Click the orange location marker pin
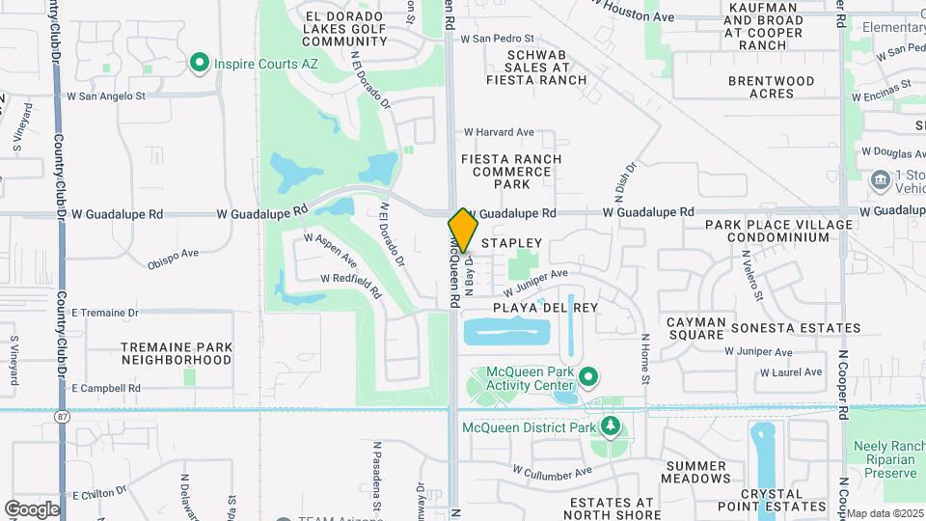pos(463,230)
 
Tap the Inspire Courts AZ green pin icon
pos(200,64)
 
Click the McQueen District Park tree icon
pos(610,425)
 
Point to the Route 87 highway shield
pos(62,416)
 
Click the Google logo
pos(32,508)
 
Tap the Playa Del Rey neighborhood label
pos(545,308)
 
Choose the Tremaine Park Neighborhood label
pos(177,353)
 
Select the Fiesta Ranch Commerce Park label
pos(507,171)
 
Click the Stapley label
pos(512,243)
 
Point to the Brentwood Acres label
pos(772,87)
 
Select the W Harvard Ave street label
pos(499,132)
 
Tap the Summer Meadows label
pos(696,472)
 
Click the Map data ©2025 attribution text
pos(885,513)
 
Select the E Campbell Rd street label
pos(106,388)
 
